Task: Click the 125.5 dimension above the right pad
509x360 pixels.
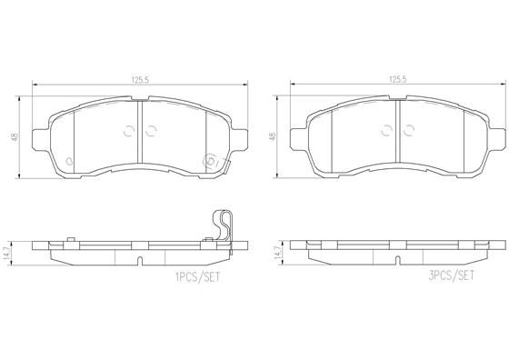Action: coord(396,80)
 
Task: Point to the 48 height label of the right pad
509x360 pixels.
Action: coord(273,136)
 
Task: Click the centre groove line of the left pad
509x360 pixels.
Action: coord(139,132)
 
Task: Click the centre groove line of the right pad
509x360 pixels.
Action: coord(396,132)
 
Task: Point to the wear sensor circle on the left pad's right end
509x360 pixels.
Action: coord(210,163)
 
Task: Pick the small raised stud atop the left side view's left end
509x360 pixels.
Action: coord(71,240)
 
